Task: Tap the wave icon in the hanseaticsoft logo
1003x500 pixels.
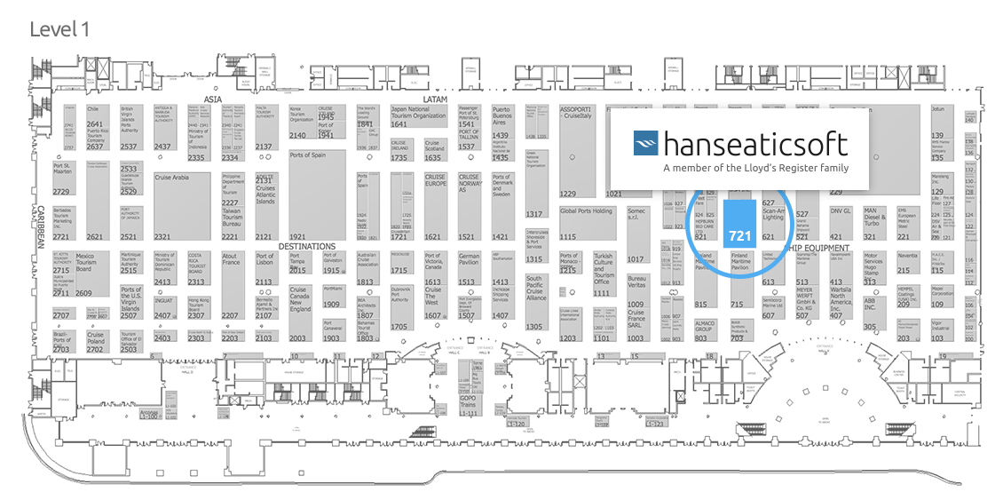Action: point(647,144)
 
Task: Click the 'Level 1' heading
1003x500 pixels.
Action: point(59,29)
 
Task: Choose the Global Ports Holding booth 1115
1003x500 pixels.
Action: point(586,222)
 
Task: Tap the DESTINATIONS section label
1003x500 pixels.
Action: point(307,246)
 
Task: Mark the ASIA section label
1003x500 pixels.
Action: point(212,99)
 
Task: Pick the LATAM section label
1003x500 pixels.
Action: point(436,99)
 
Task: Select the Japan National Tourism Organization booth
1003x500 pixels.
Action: point(417,116)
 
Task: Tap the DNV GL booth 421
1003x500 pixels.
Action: point(841,223)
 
